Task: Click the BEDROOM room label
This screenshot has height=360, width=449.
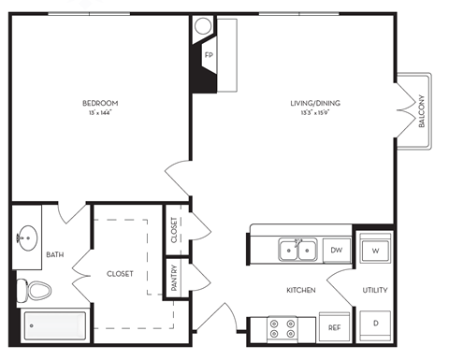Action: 100,103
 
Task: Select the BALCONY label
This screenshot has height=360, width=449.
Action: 422,110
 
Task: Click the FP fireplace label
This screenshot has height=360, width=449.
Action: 208,53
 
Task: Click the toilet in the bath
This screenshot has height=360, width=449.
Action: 37,290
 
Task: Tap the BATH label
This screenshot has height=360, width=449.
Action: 56,254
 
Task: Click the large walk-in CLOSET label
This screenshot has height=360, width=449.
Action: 119,273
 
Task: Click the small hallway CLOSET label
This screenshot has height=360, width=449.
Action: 175,230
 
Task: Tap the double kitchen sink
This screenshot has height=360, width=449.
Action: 298,250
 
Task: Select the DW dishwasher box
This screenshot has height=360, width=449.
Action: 336,250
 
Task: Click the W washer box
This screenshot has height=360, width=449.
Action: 374,250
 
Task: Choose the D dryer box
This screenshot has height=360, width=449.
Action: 374,323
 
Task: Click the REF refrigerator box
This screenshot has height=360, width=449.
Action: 334,328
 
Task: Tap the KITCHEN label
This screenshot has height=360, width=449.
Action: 301,291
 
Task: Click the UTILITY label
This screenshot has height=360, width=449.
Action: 374,291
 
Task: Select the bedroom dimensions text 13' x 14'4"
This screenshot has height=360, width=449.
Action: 100,113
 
